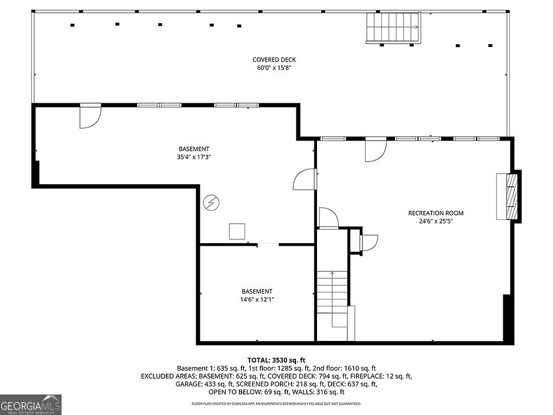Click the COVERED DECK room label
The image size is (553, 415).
pos(274,60)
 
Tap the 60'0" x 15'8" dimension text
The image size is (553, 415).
pos(274,68)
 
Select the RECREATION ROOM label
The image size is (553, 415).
pos(436,213)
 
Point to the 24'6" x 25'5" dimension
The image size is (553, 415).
pos(436,221)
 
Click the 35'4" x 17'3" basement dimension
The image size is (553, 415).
pos(194,157)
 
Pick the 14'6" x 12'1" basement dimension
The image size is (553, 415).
pos(257,299)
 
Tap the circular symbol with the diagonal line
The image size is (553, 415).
pos(211,203)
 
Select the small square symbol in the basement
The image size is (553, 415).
pos(237,231)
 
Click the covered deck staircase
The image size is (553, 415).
pos(393,28)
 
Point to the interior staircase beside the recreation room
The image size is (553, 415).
pos(332,300)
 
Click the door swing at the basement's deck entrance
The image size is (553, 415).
pos(91,116)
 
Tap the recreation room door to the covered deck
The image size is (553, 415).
pos(376,150)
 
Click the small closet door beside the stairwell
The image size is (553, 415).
pos(369,243)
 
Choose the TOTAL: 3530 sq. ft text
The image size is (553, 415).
pos(276,360)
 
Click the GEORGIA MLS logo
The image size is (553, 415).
pos(31,405)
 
